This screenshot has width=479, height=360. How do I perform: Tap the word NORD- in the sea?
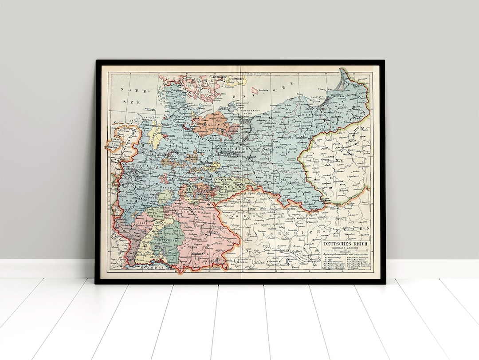click(133, 89)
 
